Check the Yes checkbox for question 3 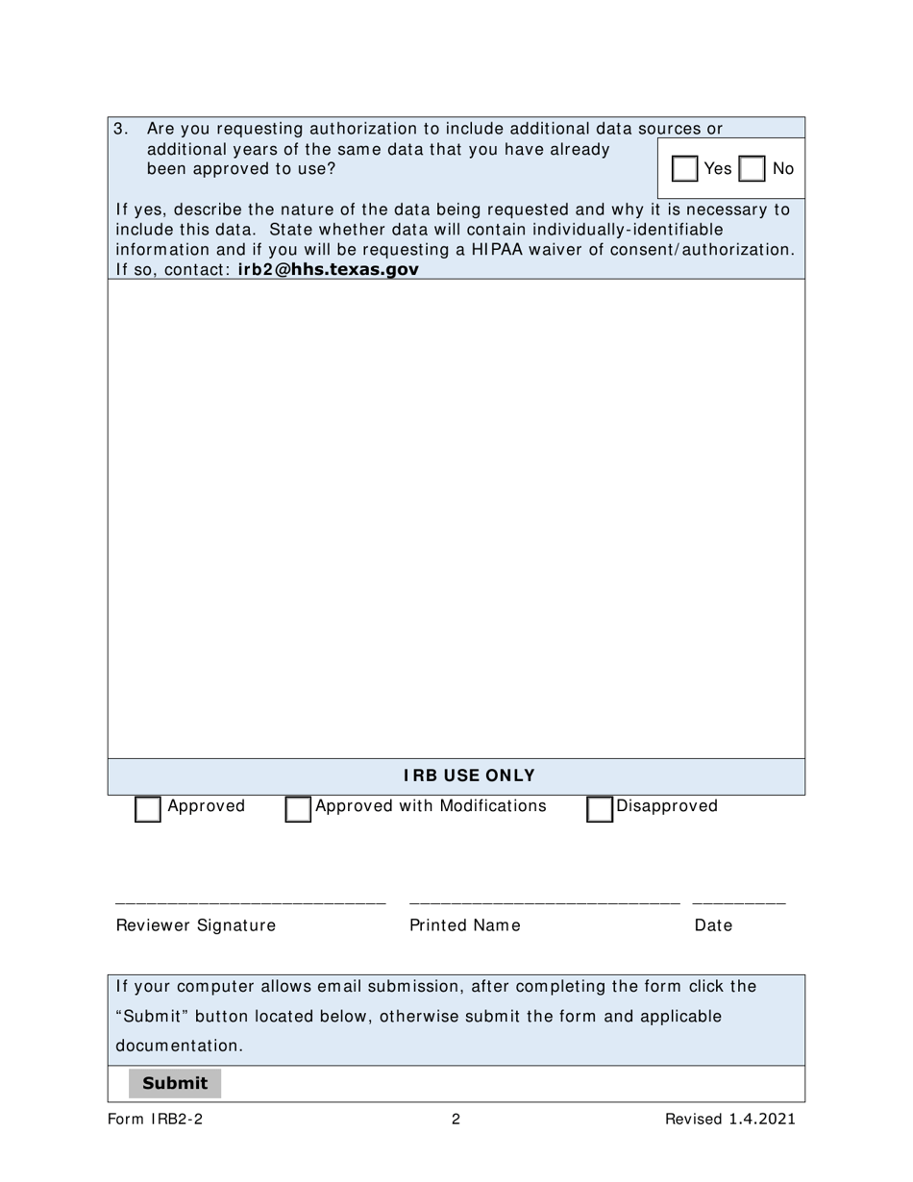click(x=685, y=169)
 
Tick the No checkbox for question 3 click(x=753, y=169)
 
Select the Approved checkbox click(x=148, y=809)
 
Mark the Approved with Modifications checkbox click(x=298, y=809)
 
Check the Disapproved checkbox click(x=600, y=809)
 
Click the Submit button click(x=175, y=1083)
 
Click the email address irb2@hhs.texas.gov click(x=328, y=270)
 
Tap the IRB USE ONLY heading click(x=469, y=776)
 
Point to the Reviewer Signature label click(x=196, y=925)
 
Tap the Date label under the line click(x=713, y=925)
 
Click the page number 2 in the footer click(x=456, y=1119)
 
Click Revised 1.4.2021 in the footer click(x=729, y=1119)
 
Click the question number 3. click(x=121, y=129)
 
